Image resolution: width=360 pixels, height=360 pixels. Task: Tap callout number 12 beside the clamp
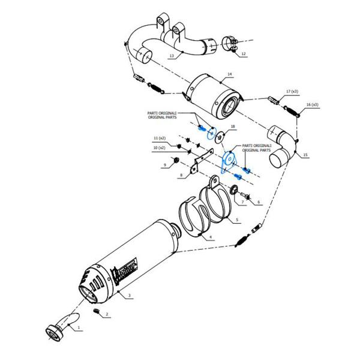point(243,54)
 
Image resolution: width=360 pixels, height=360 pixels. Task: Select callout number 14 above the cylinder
point(229,75)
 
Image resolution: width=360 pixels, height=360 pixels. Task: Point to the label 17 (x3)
point(292,91)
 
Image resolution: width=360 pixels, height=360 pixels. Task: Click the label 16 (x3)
point(312,104)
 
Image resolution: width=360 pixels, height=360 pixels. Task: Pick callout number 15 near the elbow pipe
point(305,155)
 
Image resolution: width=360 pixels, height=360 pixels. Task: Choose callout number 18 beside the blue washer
point(233,127)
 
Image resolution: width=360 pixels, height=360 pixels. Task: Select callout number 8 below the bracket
point(181,176)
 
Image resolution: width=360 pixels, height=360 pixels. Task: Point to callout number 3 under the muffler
point(130,296)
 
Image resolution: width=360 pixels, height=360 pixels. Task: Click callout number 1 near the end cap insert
point(77,328)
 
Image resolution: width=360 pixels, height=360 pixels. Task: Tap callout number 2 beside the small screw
point(107,314)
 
